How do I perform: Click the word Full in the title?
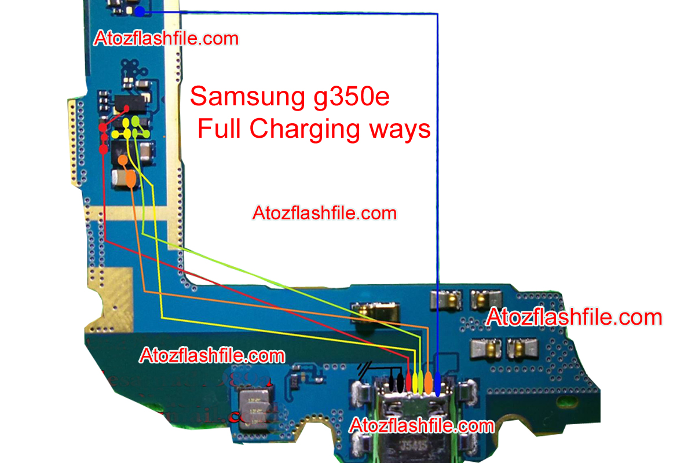[x=221, y=128]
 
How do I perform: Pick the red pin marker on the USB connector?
[x=409, y=381]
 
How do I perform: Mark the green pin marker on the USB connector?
[x=422, y=381]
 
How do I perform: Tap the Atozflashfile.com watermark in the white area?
[x=324, y=213]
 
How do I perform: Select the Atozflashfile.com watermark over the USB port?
[x=422, y=426]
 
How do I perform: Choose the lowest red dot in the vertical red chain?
[x=103, y=149]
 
